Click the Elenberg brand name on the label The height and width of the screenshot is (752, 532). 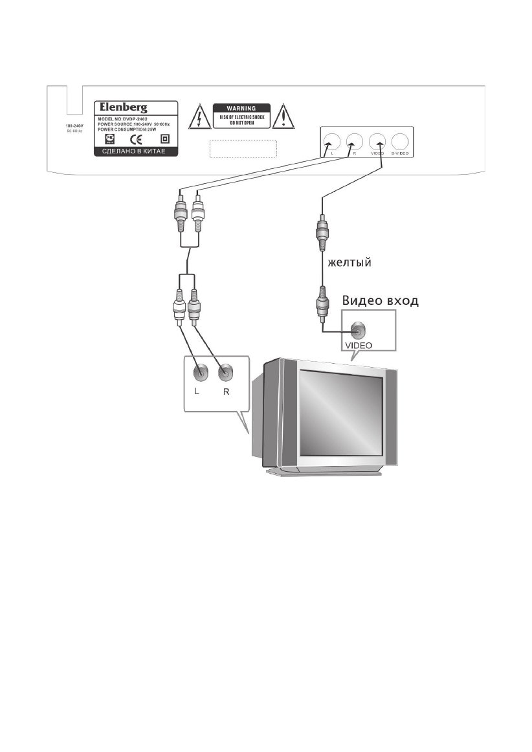[x=121, y=108]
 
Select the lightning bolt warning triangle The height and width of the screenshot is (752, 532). [x=197, y=117]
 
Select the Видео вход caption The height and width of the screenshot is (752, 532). [x=379, y=300]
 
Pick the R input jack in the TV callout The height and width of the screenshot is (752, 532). [x=225, y=373]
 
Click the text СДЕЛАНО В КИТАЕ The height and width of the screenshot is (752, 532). [x=135, y=153]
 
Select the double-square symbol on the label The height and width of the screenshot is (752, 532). [x=164, y=139]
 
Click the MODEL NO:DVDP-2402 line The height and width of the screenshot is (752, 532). [x=124, y=120]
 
